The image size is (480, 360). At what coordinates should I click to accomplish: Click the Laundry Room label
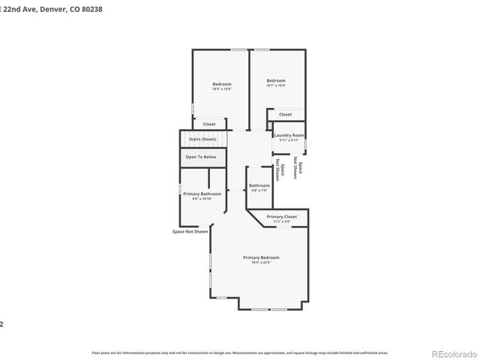click(x=289, y=135)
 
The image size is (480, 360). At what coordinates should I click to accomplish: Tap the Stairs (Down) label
click(x=202, y=139)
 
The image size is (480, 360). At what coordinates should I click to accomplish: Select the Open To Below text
click(x=201, y=157)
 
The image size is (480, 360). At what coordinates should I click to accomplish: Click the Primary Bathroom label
click(x=202, y=193)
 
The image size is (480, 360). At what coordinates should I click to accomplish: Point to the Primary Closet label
click(x=281, y=216)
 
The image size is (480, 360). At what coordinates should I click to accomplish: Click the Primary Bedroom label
click(x=261, y=257)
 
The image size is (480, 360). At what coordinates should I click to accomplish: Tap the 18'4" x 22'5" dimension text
click(x=261, y=262)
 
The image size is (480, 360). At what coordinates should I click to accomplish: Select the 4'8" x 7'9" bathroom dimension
click(x=259, y=190)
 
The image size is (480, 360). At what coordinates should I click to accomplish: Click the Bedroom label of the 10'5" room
click(x=222, y=84)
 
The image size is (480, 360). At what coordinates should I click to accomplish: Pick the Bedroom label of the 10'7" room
click(x=276, y=80)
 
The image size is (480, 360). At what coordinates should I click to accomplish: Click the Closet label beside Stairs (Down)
click(x=208, y=124)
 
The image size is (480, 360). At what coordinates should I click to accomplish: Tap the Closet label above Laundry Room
click(x=285, y=114)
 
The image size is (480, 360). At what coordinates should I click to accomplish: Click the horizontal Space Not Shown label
click(x=190, y=231)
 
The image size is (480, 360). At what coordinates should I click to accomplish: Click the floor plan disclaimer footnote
click(x=239, y=352)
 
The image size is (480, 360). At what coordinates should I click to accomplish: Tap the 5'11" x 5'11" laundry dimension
click(x=289, y=140)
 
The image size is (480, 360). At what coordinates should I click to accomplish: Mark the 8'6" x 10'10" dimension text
click(x=202, y=199)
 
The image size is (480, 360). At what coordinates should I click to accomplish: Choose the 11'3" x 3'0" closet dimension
click(x=281, y=221)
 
